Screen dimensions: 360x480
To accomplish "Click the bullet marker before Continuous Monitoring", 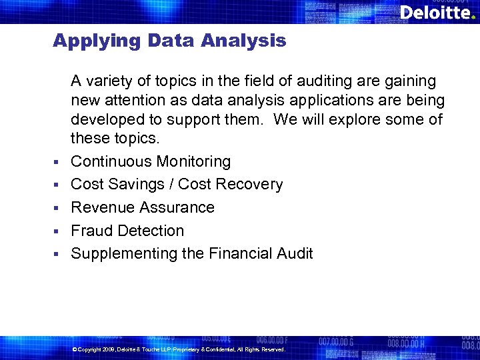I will click(58, 162).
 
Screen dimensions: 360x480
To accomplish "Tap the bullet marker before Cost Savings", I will click(58, 185).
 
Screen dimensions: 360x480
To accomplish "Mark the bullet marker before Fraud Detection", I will click(58, 231).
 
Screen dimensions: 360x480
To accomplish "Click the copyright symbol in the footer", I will click(74, 349).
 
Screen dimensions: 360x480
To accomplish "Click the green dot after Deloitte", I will click(473, 16).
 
